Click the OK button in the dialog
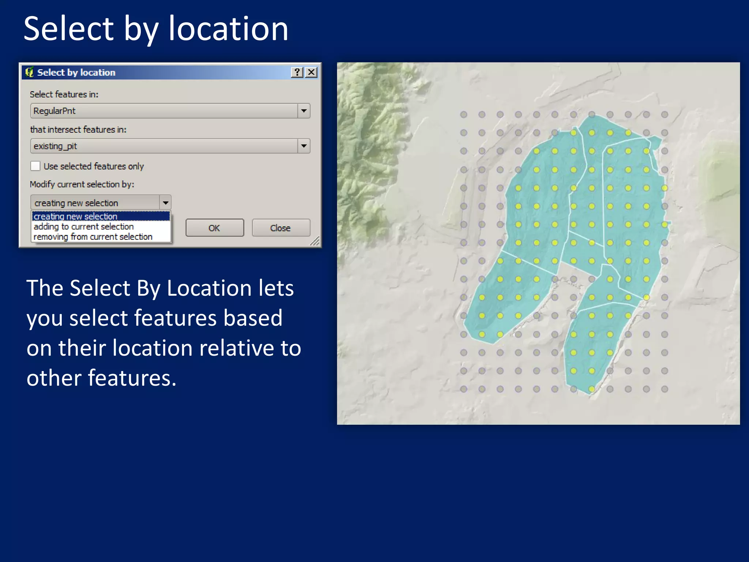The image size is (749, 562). tap(215, 228)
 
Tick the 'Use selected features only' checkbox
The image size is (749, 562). tap(35, 166)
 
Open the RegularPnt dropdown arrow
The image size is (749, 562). tap(304, 111)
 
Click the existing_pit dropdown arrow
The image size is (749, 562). tap(304, 146)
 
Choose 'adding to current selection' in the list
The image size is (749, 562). tap(84, 227)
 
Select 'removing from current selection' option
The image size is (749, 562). tap(93, 237)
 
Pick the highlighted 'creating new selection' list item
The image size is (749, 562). tap(76, 217)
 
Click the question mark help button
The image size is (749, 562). tap(297, 72)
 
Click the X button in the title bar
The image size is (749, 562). tap(311, 72)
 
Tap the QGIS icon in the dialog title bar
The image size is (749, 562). tap(29, 72)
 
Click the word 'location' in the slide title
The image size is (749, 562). tap(228, 29)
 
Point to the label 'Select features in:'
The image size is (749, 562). tap(64, 94)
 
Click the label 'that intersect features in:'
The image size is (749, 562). tap(78, 130)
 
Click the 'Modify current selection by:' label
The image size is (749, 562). tap(82, 184)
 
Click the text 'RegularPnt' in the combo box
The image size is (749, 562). tap(54, 111)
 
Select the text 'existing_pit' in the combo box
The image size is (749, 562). tap(55, 146)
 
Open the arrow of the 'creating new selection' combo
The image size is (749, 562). tap(165, 203)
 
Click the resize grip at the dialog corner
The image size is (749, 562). tap(315, 241)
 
